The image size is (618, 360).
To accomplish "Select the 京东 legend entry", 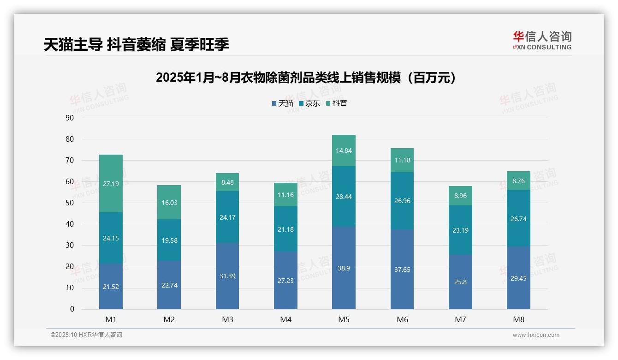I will pos(309,103).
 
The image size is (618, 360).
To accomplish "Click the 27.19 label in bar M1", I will pos(111,184).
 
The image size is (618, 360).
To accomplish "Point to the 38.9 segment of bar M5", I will pos(344,268).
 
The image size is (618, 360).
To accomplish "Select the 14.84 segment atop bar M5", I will pos(344,150).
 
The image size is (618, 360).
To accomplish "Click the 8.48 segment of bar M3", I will pos(227,182).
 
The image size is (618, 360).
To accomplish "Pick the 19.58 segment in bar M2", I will pos(169,240).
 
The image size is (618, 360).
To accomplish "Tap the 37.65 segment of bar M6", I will pos(402,270).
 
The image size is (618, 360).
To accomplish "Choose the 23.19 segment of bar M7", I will pos(460,230).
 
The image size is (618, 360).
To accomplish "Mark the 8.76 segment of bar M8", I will pos(518,181).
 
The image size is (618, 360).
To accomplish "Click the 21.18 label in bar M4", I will pos(285,229).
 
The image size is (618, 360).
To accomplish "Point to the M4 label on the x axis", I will pos(285,319).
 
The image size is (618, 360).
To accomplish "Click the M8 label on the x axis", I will pos(518,319).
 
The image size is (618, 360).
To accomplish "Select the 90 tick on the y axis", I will pos(70,118).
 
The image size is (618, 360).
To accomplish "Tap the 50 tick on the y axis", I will pos(70,203).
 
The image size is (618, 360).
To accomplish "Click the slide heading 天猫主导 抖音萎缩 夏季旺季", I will pos(137,44).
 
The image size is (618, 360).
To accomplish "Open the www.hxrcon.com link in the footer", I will pos(535,335).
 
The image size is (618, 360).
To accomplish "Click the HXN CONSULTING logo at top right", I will pos(542,40).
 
